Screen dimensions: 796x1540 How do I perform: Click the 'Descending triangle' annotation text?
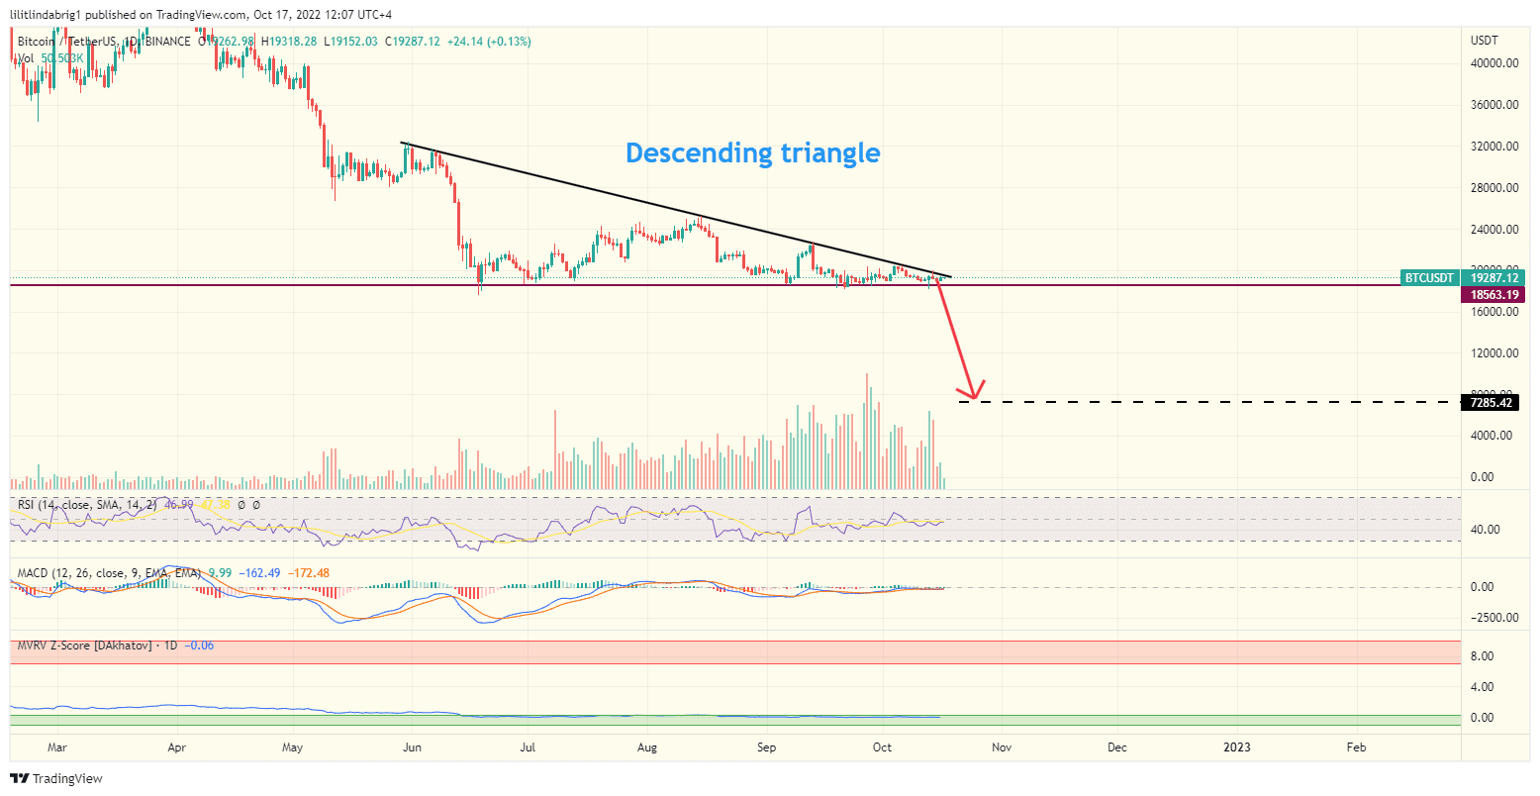tap(752, 152)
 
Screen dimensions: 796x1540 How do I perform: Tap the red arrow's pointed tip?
tap(974, 399)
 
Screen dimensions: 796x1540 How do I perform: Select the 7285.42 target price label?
tap(1490, 403)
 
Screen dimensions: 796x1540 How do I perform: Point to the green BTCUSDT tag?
tap(1430, 279)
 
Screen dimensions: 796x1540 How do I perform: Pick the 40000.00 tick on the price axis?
tap(1494, 63)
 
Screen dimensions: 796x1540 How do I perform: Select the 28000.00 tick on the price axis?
tap(1494, 188)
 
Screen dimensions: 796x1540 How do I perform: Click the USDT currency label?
tap(1486, 41)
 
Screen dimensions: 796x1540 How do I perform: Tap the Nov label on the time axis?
tap(1002, 747)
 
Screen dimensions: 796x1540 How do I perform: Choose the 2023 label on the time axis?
tap(1236, 747)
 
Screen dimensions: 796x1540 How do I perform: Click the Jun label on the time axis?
tap(412, 747)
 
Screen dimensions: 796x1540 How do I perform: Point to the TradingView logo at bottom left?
tap(56, 779)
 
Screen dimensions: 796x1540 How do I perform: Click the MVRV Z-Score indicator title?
tap(84, 646)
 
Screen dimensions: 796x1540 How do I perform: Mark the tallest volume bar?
tap(867, 431)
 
